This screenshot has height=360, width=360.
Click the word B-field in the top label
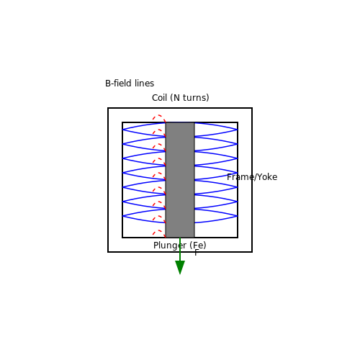[x=119, y=84]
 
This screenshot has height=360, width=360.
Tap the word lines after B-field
[x=144, y=84]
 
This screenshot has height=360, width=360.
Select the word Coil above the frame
[x=159, y=98]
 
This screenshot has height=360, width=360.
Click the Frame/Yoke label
[x=252, y=177]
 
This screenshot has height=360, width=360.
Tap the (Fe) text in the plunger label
[x=198, y=246]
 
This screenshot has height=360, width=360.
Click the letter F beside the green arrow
[x=197, y=253]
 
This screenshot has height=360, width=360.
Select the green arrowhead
[x=180, y=267]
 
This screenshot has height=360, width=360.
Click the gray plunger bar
[x=180, y=180]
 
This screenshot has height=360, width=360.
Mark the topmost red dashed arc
[x=159, y=115]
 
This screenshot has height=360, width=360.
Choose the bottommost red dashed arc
[x=159, y=230]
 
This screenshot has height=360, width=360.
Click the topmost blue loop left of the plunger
[x=123, y=130]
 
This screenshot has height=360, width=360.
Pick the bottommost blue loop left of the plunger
[x=123, y=216]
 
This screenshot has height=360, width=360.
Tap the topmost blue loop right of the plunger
[x=237, y=130]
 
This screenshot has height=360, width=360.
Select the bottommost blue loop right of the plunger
[x=237, y=216]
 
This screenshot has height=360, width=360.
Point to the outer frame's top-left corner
[x=108, y=108]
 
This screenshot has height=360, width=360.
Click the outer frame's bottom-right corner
[x=252, y=252]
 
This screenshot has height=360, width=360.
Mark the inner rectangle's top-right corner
[x=238, y=122]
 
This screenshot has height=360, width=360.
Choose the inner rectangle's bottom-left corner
[x=122, y=238]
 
